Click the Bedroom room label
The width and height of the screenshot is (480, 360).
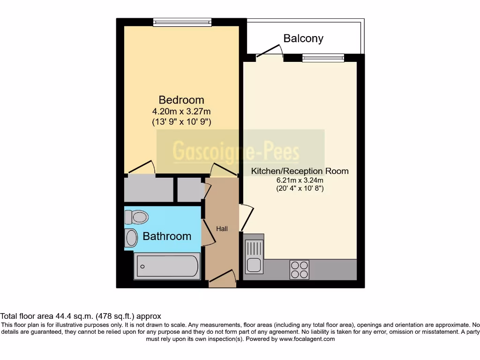pyautogui.click(x=181, y=100)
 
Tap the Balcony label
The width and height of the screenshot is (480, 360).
pyautogui.click(x=303, y=38)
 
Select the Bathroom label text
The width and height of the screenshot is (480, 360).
pyautogui.click(x=167, y=236)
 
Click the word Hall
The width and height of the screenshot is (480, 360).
pyautogui.click(x=222, y=229)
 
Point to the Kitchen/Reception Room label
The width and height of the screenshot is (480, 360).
pyautogui.click(x=300, y=171)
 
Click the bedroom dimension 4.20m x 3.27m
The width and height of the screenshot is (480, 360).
pyautogui.click(x=181, y=112)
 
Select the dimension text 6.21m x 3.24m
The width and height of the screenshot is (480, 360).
pyautogui.click(x=300, y=180)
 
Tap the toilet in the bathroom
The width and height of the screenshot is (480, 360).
pyautogui.click(x=136, y=217)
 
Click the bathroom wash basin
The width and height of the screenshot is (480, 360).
pyautogui.click(x=131, y=238)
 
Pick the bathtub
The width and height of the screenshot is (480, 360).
pyautogui.click(x=167, y=266)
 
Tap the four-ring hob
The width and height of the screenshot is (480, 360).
pyautogui.click(x=300, y=270)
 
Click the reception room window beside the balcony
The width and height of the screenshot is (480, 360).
pyautogui.click(x=323, y=58)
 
